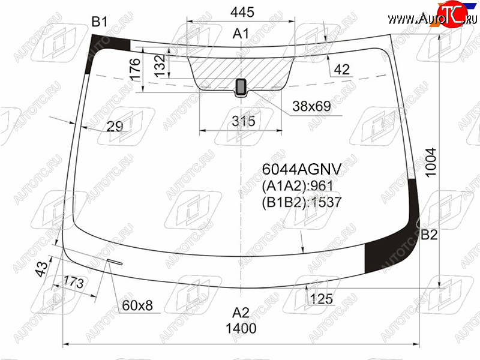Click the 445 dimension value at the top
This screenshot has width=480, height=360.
[242, 12]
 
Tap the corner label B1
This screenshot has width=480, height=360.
[100, 22]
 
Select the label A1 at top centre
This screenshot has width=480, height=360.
[241, 34]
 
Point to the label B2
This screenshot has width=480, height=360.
[429, 235]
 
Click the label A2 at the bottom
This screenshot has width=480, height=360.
[241, 313]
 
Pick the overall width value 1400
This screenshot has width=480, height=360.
[241, 328]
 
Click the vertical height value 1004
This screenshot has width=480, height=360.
[431, 162]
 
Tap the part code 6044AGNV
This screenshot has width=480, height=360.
[302, 169]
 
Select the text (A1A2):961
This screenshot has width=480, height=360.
[297, 185]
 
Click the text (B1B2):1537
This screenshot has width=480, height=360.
[302, 202]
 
